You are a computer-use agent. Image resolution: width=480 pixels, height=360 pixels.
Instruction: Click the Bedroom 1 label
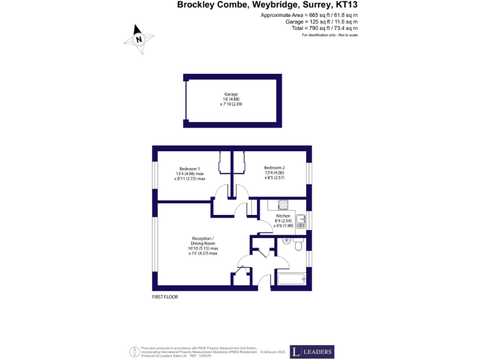pos(189,169)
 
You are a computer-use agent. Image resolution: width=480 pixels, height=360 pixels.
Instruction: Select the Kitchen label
pos(283,216)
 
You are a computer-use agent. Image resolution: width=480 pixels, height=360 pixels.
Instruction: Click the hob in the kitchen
pos(282,204)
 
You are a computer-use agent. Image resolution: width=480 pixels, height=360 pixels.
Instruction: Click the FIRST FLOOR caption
pos(165,297)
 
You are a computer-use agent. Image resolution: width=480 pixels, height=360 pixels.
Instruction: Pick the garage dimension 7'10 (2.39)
pos(230,104)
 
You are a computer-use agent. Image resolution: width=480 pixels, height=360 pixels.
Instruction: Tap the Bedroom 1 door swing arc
pos(222,192)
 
